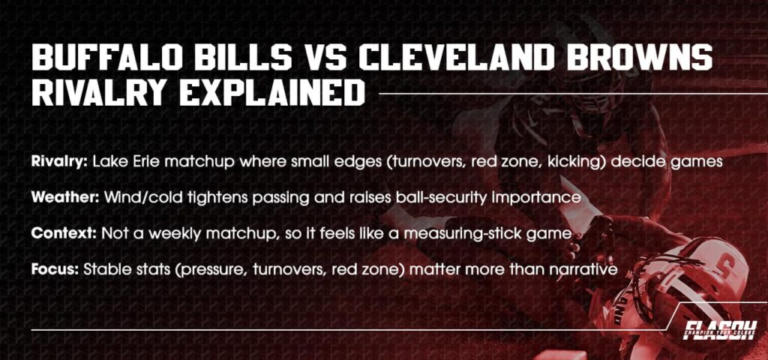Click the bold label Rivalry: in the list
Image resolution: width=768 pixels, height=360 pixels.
pyautogui.click(x=61, y=161)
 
